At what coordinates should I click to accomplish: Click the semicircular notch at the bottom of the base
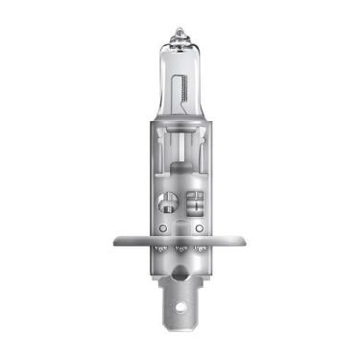[180, 275]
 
